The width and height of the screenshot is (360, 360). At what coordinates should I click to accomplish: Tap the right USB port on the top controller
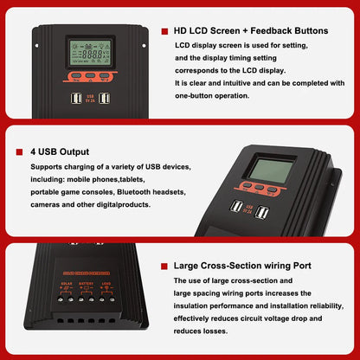[104, 99]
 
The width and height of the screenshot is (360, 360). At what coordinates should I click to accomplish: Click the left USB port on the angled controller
[237, 208]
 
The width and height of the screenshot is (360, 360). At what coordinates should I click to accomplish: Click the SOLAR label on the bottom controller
[67, 282]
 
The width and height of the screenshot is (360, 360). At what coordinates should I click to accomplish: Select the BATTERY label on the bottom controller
[87, 282]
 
